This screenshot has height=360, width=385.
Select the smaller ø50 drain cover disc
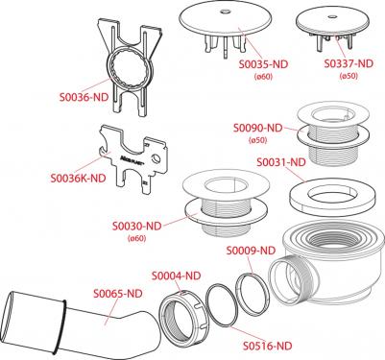(x=331, y=22)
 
